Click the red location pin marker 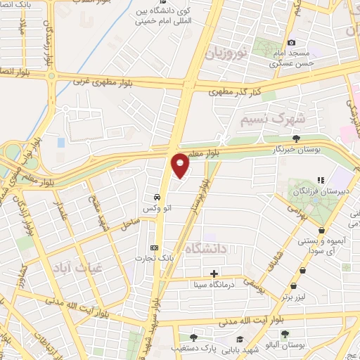point(180,165)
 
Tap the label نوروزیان point(226,53)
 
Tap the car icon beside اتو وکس point(155,197)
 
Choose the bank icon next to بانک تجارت point(155,247)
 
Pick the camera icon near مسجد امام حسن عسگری point(291,43)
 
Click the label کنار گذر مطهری point(235,91)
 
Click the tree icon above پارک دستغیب point(193,337)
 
